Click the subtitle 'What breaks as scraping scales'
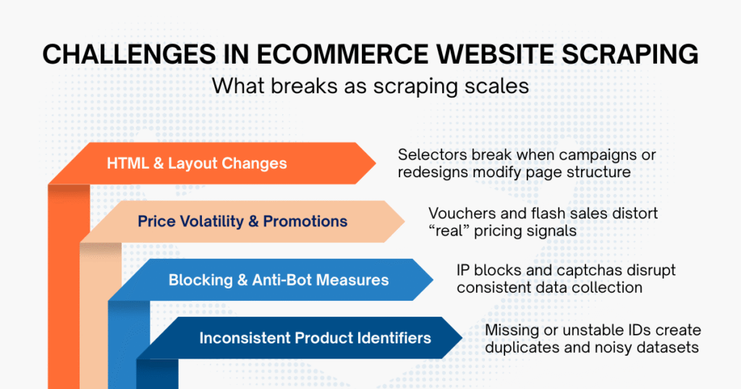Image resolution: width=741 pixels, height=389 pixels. (370, 86)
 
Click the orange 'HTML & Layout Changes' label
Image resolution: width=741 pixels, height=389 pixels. (197, 163)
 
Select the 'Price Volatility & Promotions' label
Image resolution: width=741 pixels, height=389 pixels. (242, 221)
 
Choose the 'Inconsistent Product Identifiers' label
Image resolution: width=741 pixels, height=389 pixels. (315, 338)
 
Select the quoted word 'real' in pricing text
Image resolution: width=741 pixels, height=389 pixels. (452, 231)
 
